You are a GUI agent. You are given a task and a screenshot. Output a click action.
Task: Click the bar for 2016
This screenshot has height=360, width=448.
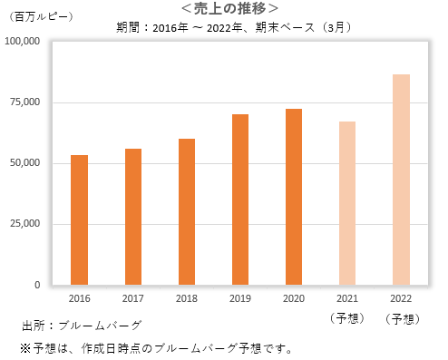pos(80,220)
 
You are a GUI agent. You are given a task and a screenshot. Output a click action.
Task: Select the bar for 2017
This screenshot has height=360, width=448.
pos(133,217)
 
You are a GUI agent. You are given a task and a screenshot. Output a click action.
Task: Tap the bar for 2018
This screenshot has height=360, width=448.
pos(187,212)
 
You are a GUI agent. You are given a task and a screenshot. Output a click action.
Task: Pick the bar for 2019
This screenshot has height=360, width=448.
pos(240,199)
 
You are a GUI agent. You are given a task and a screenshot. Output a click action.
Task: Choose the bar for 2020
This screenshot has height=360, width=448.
pos(294,197)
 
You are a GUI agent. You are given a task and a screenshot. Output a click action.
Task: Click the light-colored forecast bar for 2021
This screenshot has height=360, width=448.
pos(347,203)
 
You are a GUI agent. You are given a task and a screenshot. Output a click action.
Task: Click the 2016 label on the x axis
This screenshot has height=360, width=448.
pos(80,298)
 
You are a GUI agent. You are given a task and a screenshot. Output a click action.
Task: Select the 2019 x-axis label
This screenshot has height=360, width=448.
pos(240,298)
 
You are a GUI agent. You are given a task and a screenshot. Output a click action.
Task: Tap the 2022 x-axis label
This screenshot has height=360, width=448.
pos(401,298)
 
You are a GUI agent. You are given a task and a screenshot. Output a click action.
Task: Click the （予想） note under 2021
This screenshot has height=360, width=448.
pos(347,318)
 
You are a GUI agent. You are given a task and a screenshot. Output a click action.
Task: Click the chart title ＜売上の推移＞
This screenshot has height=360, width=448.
pos(223,8)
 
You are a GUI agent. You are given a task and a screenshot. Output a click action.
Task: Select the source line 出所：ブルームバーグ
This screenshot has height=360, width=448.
pos(82,324)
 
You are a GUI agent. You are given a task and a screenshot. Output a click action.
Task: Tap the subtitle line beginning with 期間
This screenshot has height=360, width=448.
pos(233,26)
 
